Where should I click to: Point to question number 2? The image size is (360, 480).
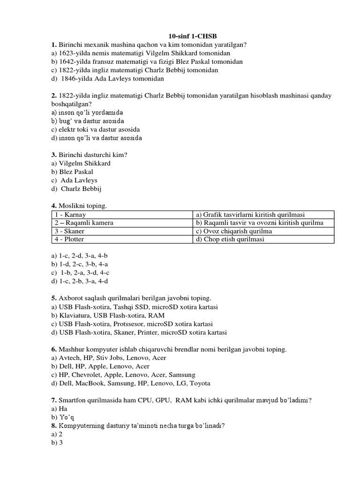pos(54,96)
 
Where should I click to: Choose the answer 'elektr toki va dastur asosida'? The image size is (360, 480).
pos(96,129)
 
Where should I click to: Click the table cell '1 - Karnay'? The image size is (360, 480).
pos(70,215)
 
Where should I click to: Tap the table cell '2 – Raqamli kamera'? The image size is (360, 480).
pos(84,223)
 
